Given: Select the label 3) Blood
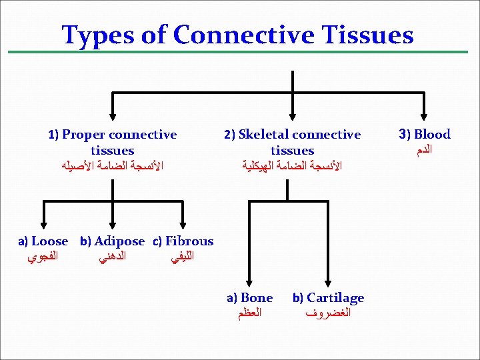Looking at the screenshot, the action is coord(424,135).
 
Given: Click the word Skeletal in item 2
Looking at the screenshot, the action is coord(266,135).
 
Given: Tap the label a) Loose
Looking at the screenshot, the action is coord(43,241).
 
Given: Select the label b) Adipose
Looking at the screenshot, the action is coord(112,241).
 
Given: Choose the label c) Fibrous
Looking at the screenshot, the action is coord(183,241).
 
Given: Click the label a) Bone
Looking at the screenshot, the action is coord(249,298).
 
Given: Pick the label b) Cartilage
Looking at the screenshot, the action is coord(328,298).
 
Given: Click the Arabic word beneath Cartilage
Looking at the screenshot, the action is coord(328,313).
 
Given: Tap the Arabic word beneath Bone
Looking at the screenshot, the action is coord(250,313).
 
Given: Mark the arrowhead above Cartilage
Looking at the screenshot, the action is coord(327,282).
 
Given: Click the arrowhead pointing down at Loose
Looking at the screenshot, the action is coord(43,226).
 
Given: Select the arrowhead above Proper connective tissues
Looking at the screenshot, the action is coord(113,115).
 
